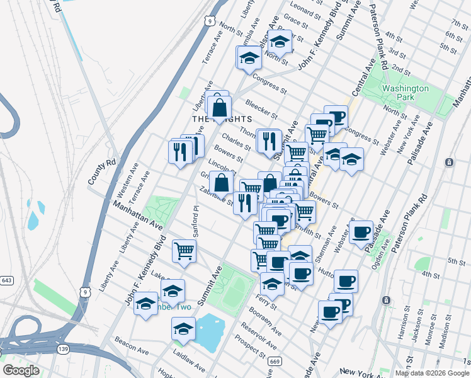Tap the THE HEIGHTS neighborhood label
[x=222, y=119]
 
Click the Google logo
[x=21, y=370]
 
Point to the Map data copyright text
[x=431, y=373]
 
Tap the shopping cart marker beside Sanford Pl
[x=184, y=251]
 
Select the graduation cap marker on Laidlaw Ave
[x=183, y=329]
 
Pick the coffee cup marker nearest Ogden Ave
[x=361, y=232]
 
